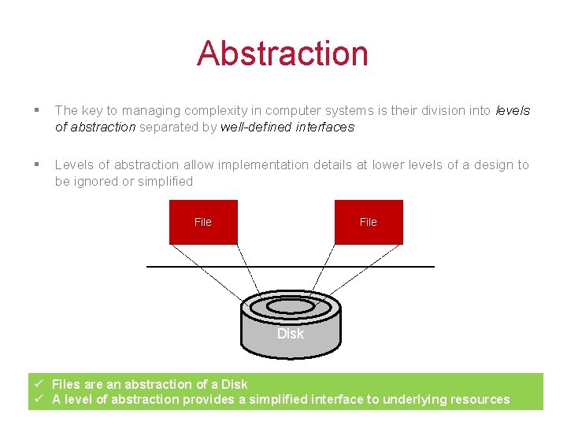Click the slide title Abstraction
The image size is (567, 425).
click(x=283, y=54)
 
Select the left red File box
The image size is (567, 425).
click(x=203, y=222)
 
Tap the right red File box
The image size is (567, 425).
click(x=369, y=222)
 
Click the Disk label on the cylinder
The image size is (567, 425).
click(x=290, y=334)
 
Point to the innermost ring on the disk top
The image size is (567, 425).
click(x=291, y=305)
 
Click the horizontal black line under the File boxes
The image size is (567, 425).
click(x=290, y=267)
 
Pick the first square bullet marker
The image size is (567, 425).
click(x=37, y=111)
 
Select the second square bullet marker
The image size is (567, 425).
click(x=37, y=164)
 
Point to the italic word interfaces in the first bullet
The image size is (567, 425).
click(x=325, y=127)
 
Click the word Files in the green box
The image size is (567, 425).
click(x=66, y=384)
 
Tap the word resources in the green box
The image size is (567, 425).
click(x=479, y=399)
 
